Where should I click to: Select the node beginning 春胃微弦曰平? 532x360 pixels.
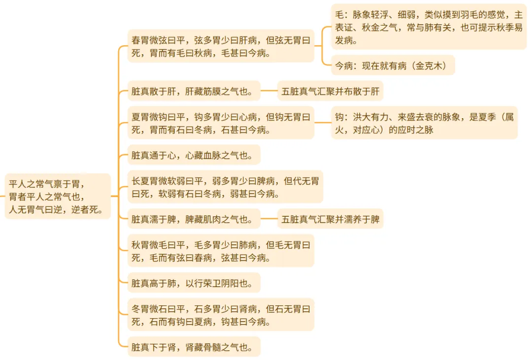[221, 45]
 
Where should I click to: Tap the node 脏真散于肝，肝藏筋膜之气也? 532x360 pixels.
[194, 91]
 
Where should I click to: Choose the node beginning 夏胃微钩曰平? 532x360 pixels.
[221, 123]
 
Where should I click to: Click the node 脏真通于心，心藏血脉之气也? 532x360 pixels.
[194, 155]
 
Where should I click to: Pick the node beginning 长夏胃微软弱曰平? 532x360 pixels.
[225, 187]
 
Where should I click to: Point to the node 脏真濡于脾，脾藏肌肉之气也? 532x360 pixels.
[194, 219]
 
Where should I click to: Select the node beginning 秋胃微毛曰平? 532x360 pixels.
[221, 251]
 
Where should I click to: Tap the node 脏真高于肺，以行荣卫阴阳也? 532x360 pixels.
[194, 283]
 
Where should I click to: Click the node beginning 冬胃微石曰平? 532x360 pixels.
[221, 315]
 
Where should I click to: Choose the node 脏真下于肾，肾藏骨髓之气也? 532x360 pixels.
[194, 347]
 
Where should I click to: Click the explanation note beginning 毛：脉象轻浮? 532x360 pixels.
[429, 28]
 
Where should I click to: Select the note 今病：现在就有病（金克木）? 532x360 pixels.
[393, 65]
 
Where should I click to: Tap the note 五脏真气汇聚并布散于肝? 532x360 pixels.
[330, 91]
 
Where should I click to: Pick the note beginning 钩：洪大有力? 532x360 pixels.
[424, 123]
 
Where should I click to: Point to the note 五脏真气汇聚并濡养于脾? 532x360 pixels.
[330, 219]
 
